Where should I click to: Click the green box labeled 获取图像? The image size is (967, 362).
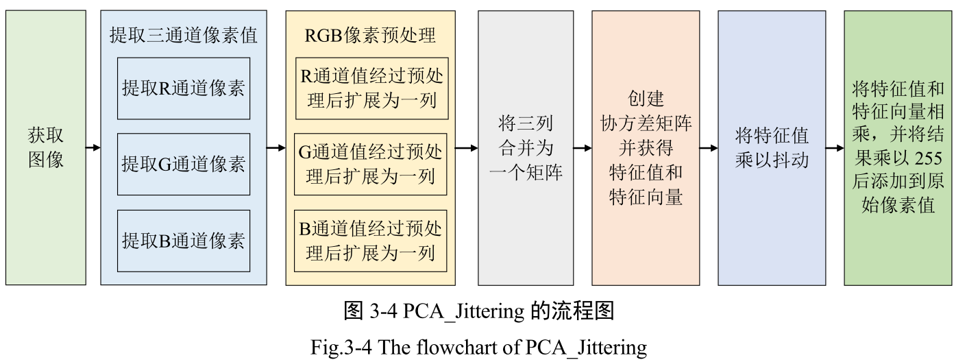point(46,147)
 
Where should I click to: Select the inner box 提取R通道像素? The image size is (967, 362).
point(183,88)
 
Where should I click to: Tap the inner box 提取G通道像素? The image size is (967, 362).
point(183,164)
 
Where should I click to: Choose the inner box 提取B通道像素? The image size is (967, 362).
point(183,240)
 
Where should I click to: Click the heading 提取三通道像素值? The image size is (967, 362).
point(183,35)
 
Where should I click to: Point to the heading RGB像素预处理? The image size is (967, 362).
point(370,35)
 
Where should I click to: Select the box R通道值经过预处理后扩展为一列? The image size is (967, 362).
point(371,88)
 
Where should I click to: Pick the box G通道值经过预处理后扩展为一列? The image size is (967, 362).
point(371,164)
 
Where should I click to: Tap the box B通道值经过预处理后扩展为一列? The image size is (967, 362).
point(371,240)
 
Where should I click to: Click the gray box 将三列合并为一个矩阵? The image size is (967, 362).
point(526,147)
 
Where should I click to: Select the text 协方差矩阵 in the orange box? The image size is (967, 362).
point(646,124)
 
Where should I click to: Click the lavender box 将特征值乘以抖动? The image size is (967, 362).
point(772,147)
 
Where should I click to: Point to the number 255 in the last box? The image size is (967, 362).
point(928,159)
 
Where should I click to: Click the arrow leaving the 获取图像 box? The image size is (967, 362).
point(93,147)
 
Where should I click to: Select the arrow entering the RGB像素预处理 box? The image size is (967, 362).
point(276,147)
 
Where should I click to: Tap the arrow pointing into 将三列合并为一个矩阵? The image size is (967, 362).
point(467,147)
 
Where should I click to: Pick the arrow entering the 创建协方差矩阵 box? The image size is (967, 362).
point(583,147)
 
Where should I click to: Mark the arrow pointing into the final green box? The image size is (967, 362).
point(835,147)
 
